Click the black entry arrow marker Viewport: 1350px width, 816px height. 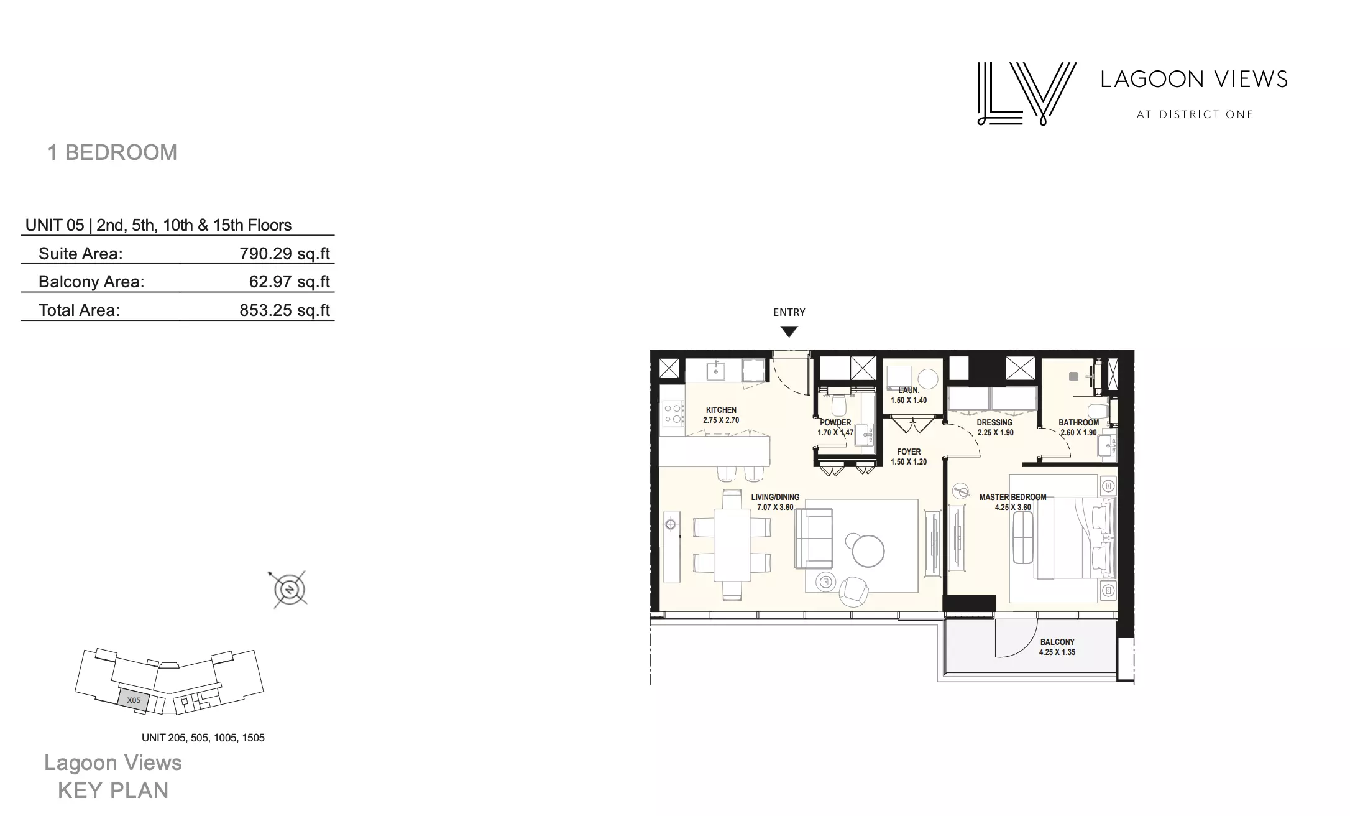[789, 332]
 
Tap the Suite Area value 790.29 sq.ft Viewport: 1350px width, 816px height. [285, 254]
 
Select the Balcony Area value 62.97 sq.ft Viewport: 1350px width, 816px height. [290, 282]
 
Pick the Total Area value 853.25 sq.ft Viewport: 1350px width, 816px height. [285, 310]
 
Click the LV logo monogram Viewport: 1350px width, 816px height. [1027, 93]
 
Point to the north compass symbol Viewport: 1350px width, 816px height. [290, 589]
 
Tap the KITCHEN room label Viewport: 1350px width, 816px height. [721, 410]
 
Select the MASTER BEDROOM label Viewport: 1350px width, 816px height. [1012, 497]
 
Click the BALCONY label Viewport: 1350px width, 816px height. [1057, 642]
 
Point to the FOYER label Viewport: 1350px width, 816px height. [909, 452]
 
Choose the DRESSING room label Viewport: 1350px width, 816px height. [994, 422]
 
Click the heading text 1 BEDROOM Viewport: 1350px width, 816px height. [112, 152]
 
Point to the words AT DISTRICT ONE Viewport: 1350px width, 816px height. [1195, 114]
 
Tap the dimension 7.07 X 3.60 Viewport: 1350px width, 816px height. [775, 508]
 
